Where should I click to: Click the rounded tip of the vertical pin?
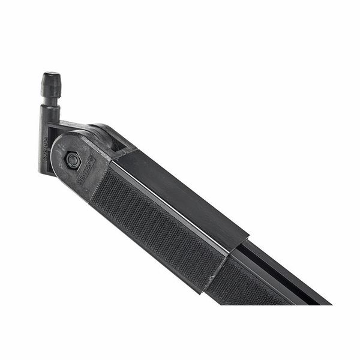tap(50, 77)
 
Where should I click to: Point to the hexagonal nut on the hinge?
tap(73, 160)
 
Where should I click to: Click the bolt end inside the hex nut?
tap(73, 160)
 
